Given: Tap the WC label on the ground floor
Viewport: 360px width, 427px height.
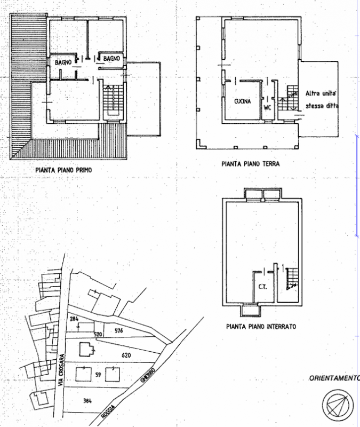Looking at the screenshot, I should (268, 106).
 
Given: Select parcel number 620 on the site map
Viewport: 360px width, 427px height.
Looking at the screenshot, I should (126, 354).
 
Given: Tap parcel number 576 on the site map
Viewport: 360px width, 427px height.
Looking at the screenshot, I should (118, 331).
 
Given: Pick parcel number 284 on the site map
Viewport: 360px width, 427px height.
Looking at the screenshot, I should (74, 319).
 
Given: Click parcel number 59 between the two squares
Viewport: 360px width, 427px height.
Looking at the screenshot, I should (98, 375).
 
